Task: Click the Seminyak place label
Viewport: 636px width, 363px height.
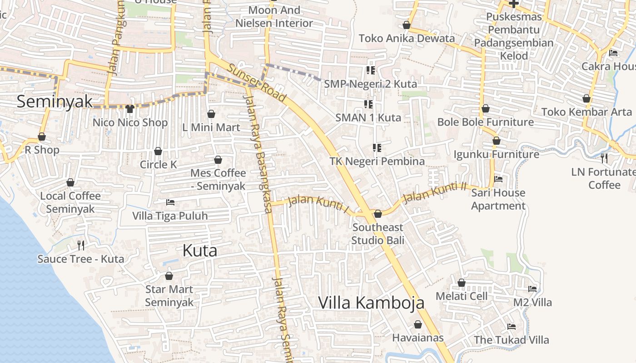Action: pyautogui.click(x=55, y=101)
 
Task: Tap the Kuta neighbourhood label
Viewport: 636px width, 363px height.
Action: pyautogui.click(x=199, y=250)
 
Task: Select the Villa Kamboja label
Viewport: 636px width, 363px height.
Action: pyautogui.click(x=371, y=303)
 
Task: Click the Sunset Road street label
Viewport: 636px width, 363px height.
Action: pyautogui.click(x=257, y=83)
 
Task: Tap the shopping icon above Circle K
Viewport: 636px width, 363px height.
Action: pyautogui.click(x=158, y=151)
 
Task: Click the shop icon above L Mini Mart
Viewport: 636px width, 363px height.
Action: pyautogui.click(x=211, y=114)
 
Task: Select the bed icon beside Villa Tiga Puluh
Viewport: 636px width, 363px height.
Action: pyautogui.click(x=170, y=202)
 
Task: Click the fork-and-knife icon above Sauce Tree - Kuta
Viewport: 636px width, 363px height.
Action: pyautogui.click(x=81, y=245)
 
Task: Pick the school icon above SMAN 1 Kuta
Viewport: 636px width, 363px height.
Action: pyautogui.click(x=368, y=104)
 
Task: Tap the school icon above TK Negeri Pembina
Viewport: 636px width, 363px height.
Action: pyautogui.click(x=377, y=147)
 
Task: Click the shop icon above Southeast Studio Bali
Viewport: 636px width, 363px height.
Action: pyautogui.click(x=378, y=214)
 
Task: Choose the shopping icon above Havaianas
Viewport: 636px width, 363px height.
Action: pyautogui.click(x=418, y=324)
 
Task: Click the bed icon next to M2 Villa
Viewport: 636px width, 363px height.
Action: pyautogui.click(x=532, y=289)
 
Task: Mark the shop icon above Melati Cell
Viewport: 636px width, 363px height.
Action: pyautogui.click(x=462, y=283)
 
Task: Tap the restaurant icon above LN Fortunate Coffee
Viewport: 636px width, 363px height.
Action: pyautogui.click(x=604, y=158)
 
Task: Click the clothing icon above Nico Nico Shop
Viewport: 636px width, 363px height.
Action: pyautogui.click(x=130, y=109)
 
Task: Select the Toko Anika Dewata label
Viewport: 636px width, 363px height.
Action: pyautogui.click(x=407, y=38)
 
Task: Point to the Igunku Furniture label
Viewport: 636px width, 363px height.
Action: pyautogui.click(x=496, y=154)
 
